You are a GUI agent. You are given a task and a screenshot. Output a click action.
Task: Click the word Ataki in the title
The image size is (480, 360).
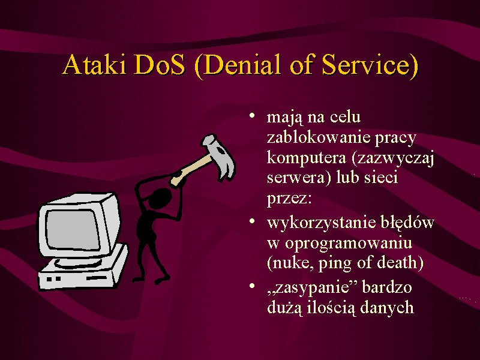click(94, 64)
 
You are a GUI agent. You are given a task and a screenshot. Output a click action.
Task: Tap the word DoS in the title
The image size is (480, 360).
click(160, 64)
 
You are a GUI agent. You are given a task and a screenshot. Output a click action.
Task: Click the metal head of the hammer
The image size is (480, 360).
click(220, 157)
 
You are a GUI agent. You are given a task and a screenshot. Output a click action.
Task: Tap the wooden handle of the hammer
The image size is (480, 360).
click(191, 170)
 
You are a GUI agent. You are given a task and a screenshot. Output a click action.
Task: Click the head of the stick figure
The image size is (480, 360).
click(160, 199)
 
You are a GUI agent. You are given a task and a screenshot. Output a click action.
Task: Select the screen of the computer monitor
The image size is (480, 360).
click(72, 230)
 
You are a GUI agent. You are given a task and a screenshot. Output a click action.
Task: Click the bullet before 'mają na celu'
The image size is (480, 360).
click(252, 116)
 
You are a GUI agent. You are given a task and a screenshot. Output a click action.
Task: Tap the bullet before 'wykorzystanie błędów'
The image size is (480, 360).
click(252, 221)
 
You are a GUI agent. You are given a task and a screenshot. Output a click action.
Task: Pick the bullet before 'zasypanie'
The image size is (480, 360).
click(252, 286)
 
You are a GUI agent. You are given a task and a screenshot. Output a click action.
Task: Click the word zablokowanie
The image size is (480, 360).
click(318, 137)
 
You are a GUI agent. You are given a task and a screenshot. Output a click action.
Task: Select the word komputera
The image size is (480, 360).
click(307, 158)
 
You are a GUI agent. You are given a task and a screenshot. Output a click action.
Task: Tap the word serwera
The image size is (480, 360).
click(295, 178)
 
